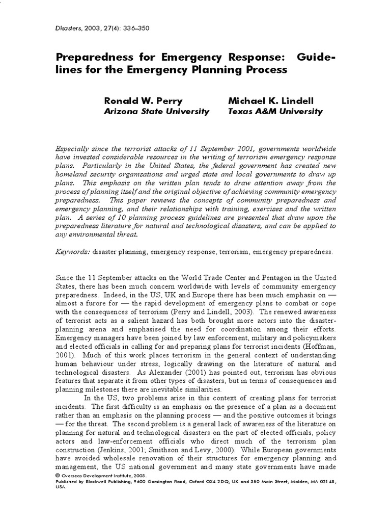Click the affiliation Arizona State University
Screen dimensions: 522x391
156,112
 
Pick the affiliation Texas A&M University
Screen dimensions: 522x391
275,112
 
